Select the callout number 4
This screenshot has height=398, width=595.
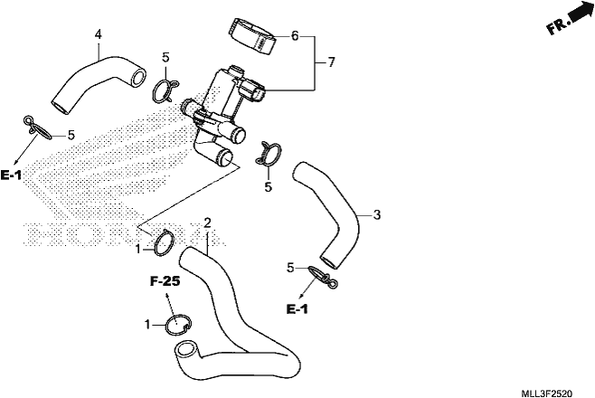99,35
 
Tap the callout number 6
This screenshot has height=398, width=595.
295,36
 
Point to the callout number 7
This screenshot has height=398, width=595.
332,62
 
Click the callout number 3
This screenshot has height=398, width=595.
376,214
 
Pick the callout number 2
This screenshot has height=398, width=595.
207,223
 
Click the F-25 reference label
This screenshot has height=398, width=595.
165,281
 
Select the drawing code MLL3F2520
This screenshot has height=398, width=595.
547,393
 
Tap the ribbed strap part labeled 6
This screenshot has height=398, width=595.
253,36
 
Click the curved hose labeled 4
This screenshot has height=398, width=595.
99,83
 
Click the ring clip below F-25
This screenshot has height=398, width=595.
178,325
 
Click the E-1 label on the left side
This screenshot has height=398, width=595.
11,175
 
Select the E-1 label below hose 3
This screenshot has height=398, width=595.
297,309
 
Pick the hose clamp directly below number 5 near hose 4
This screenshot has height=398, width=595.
165,90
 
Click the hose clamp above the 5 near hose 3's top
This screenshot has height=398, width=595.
269,154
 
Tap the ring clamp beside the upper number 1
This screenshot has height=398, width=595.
164,242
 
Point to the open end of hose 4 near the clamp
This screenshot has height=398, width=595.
138,77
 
